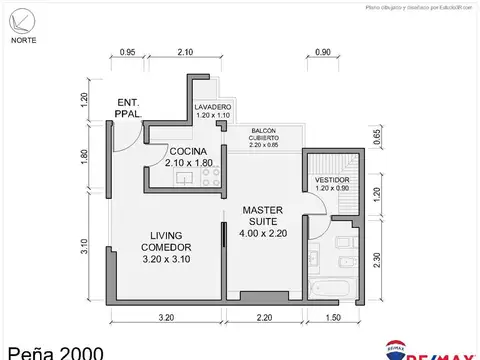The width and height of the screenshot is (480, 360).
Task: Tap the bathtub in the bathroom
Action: [x=331, y=289]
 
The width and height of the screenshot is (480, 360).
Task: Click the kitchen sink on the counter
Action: [x=183, y=178]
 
